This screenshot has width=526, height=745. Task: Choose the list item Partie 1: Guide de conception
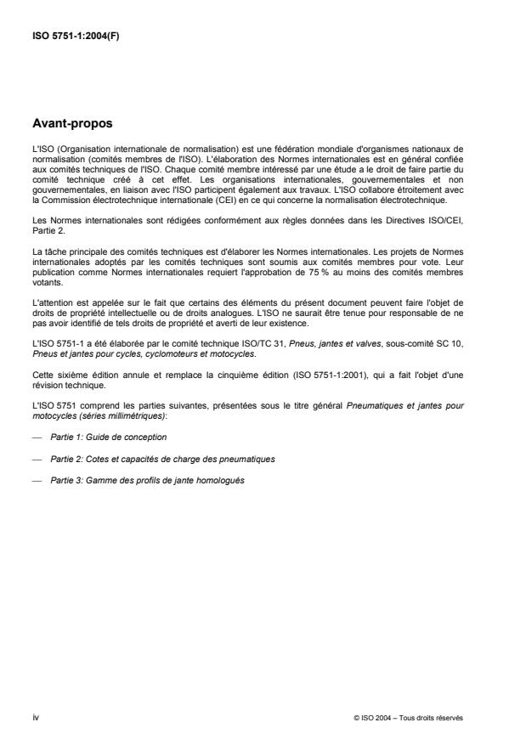pos(108,437)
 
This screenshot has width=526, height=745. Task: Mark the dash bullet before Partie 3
pos(37,482)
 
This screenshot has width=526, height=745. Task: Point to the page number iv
pos(35,717)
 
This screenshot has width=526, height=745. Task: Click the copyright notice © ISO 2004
pos(408,718)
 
